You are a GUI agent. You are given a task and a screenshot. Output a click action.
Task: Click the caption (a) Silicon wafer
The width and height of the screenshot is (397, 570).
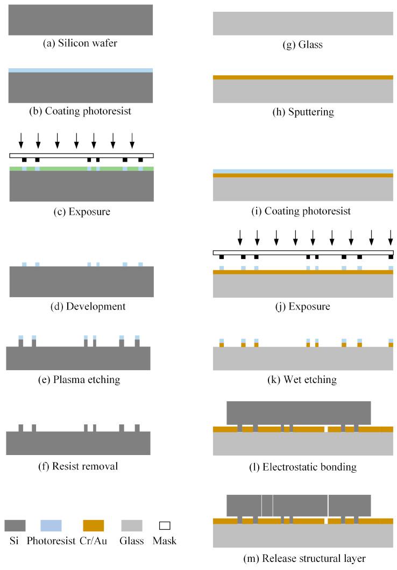[x=80, y=43]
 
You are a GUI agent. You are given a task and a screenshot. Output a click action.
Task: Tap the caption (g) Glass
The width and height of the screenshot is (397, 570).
[x=303, y=45]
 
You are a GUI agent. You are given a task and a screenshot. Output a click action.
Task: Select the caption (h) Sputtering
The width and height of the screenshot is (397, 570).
[x=303, y=112]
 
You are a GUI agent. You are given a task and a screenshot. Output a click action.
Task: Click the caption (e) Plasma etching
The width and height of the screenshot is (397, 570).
[x=78, y=380]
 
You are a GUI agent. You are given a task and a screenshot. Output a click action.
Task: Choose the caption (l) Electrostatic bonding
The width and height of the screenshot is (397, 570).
[x=303, y=467]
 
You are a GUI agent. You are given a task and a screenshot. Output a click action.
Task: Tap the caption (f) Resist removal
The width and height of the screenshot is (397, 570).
[x=78, y=466]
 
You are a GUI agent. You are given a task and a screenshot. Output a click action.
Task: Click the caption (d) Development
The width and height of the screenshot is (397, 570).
[x=81, y=307]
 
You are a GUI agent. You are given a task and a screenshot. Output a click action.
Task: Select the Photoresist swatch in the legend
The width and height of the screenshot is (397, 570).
[x=51, y=525]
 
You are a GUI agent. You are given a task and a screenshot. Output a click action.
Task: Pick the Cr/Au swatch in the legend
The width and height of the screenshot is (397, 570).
[x=93, y=525]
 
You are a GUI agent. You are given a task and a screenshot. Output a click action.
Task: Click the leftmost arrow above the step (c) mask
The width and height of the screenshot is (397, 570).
[x=21, y=140]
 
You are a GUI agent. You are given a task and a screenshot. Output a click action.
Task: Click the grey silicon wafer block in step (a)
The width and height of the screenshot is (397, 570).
[x=81, y=20]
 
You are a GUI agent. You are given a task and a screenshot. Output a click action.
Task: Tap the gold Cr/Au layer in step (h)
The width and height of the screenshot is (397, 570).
[x=303, y=77]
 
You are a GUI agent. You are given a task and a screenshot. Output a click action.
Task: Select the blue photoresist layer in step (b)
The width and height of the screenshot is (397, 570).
[x=81, y=70]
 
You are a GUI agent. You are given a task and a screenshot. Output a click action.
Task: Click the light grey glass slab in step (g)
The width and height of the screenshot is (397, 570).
[x=303, y=23]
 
